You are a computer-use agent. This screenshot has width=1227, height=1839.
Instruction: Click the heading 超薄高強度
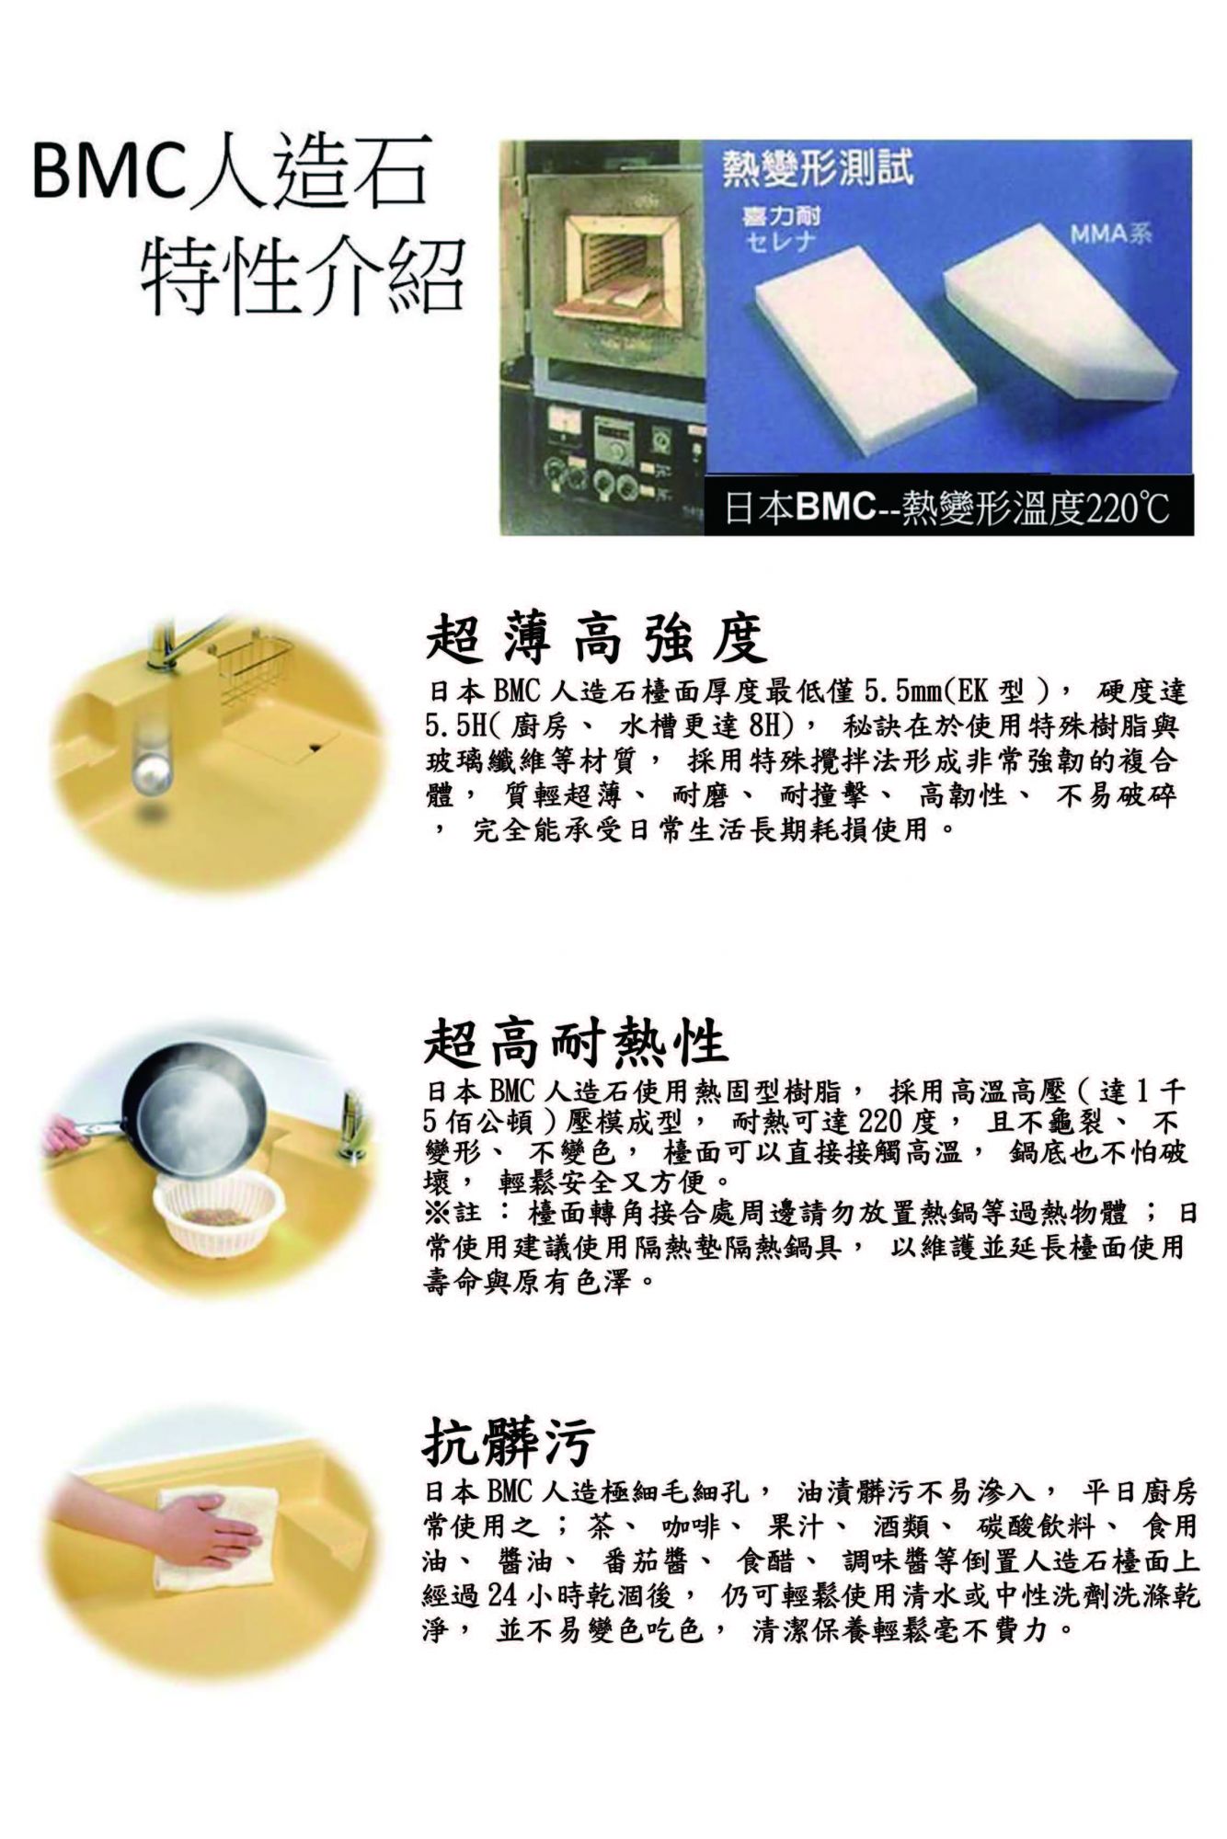click(x=596, y=640)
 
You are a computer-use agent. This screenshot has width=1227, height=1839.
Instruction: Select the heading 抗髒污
click(x=508, y=1440)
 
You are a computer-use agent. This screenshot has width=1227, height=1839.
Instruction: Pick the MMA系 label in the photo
click(x=1110, y=234)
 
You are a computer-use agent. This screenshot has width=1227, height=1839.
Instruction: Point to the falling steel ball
click(x=150, y=768)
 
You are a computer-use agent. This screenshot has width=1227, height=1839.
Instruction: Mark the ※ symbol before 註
click(x=437, y=1213)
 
